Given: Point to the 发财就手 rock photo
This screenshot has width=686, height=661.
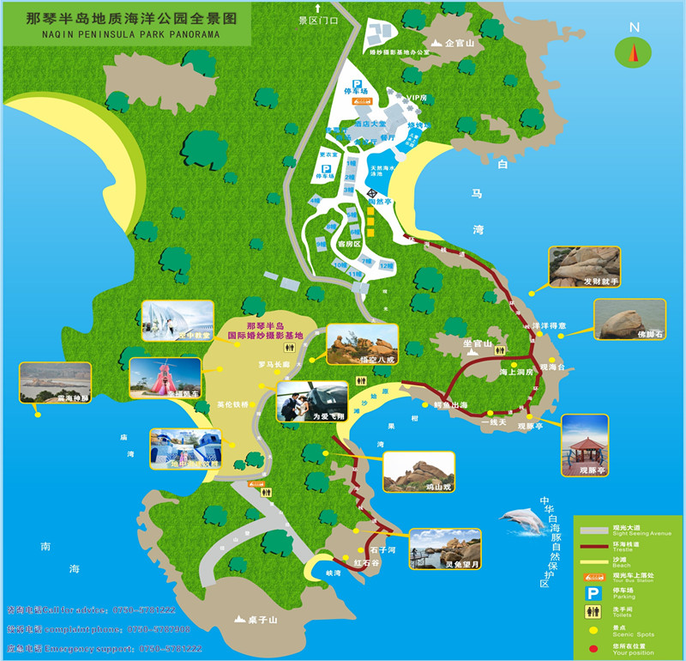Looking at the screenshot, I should (x=583, y=267).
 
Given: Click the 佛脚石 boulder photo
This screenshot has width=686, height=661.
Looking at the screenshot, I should (x=629, y=320).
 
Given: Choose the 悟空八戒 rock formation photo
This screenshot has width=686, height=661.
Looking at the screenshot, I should (x=363, y=343).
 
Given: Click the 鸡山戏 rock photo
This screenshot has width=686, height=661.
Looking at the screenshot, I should (x=418, y=471).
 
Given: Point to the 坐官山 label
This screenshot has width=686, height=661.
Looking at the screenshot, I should (x=477, y=343).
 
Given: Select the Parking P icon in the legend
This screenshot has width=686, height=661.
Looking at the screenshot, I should (x=592, y=592).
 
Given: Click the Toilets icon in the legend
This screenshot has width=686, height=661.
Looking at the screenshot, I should (x=592, y=611).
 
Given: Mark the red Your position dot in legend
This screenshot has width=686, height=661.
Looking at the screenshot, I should (x=592, y=650).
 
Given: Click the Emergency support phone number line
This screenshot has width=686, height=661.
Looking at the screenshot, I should (x=104, y=648).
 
